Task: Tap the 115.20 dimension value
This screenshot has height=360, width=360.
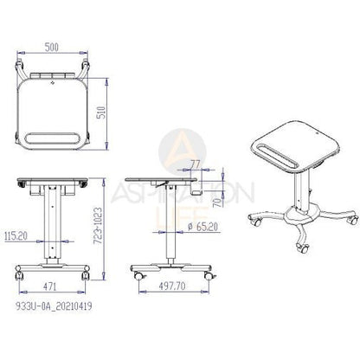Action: (16, 234)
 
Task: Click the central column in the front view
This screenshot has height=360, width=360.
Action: (51, 225)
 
